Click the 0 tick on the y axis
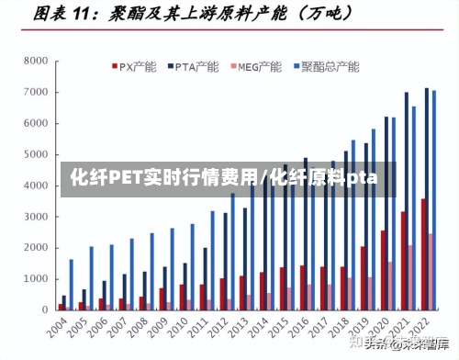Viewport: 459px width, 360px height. [x=44, y=309]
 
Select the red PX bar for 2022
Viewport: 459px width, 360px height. [x=422, y=254]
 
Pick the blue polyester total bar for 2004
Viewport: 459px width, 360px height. [x=71, y=285]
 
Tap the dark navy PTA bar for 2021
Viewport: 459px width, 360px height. [x=407, y=201]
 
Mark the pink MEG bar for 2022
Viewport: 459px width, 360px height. [x=431, y=272]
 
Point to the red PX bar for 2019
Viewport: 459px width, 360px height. [x=363, y=278]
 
